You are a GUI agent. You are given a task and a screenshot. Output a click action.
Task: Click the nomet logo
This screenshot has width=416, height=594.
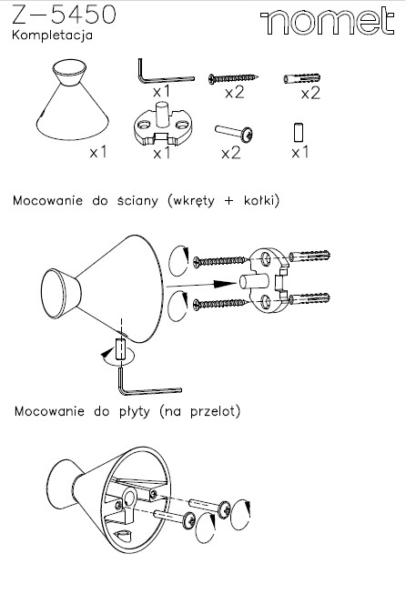(327, 22)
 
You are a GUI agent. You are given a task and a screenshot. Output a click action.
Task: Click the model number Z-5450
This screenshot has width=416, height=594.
(64, 15)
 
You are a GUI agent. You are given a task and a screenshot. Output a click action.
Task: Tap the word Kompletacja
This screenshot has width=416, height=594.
(52, 35)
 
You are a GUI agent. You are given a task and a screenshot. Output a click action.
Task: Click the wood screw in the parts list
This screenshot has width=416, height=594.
(233, 78)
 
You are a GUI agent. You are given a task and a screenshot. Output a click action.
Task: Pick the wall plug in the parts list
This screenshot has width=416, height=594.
(302, 78)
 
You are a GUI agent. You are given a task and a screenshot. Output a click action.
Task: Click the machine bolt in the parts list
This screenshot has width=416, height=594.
(234, 133)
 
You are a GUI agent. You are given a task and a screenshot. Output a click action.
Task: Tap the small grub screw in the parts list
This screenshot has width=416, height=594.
(299, 133)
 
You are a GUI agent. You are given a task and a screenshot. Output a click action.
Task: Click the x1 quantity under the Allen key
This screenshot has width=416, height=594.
(162, 92)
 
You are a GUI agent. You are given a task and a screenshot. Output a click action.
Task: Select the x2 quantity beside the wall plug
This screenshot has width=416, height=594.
(310, 93)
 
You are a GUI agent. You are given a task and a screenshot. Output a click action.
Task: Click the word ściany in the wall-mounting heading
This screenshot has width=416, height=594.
(137, 200)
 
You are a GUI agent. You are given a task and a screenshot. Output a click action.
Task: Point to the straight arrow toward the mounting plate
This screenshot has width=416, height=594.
(202, 284)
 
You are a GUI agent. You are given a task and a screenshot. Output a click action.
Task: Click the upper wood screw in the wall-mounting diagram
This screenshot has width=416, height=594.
(221, 261)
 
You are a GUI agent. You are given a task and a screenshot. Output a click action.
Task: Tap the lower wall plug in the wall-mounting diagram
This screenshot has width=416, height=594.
(309, 298)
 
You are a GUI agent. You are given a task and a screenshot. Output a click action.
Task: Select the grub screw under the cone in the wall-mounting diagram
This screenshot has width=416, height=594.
(120, 349)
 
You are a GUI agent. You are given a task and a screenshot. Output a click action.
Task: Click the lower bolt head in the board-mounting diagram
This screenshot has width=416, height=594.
(188, 520)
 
